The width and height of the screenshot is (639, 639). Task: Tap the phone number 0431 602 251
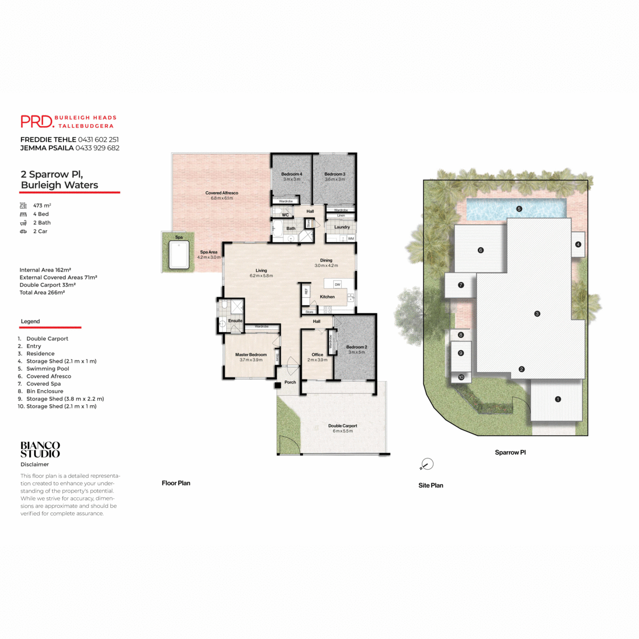click(x=99, y=140)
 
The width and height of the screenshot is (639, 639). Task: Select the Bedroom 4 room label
click(x=291, y=174)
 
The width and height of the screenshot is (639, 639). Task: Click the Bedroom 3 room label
click(x=335, y=174)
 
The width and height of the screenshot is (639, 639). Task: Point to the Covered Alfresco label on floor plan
click(x=222, y=193)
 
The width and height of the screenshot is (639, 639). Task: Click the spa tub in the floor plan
click(x=179, y=255)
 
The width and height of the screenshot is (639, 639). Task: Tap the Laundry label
click(x=342, y=227)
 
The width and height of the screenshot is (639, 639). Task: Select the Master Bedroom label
click(x=251, y=355)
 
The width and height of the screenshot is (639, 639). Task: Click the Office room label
click(x=317, y=355)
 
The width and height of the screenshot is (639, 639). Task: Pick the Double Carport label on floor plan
click(x=342, y=426)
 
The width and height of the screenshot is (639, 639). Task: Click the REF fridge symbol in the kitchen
click(x=306, y=291)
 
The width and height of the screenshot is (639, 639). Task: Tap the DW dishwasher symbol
click(x=338, y=284)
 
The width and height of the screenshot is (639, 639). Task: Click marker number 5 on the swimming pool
click(x=519, y=209)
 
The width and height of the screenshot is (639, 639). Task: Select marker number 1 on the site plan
click(x=558, y=399)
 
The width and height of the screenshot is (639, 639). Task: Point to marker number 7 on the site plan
click(x=461, y=285)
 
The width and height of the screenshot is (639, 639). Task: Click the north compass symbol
click(x=427, y=464)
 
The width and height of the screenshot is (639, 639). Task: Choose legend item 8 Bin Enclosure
click(x=45, y=391)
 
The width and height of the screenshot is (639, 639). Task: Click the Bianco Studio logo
click(x=40, y=449)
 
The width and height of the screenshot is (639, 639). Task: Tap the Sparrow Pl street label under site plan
click(x=510, y=453)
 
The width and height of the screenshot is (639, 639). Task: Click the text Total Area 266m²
click(x=42, y=292)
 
